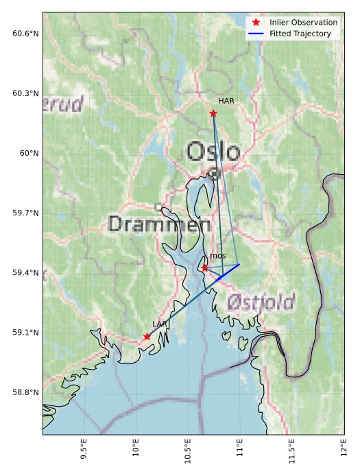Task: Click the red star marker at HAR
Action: tap(213, 113)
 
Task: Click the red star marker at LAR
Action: tap(147, 336)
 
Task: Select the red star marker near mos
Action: tap(204, 267)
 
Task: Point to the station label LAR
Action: tap(160, 324)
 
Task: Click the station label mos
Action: tap(218, 256)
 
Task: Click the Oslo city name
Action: tap(213, 152)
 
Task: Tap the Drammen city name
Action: tap(159, 224)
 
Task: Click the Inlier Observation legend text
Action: tap(303, 22)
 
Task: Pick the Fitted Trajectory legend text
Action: tap(300, 34)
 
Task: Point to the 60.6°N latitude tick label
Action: tap(25, 34)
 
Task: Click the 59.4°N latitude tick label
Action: tap(25, 273)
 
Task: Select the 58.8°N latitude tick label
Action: tap(25, 392)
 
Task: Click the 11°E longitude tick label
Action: tap(239, 452)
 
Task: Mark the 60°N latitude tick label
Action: tap(29, 153)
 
